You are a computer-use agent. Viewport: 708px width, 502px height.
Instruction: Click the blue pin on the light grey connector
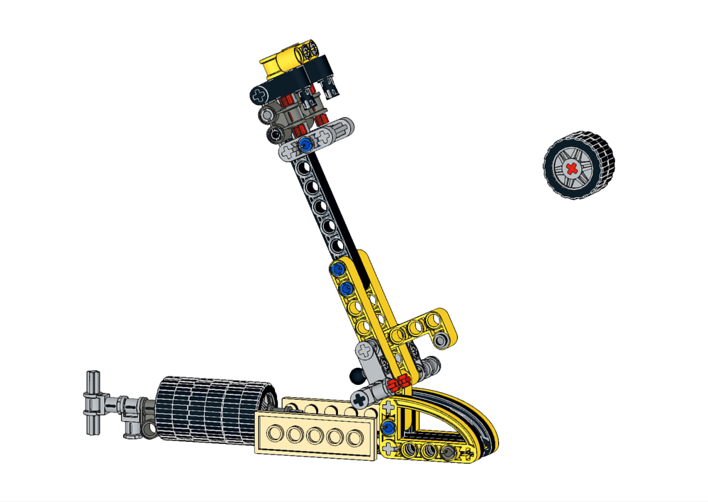click(x=305, y=145)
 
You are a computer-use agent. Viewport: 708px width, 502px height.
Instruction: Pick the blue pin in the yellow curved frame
click(x=388, y=428)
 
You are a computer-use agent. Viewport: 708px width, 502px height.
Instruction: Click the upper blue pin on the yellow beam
click(x=335, y=269)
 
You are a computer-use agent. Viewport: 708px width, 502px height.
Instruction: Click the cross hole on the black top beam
click(x=261, y=93)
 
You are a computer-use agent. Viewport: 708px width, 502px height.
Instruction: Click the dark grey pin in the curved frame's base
click(x=447, y=452)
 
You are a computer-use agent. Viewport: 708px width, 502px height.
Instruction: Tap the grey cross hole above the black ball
click(x=366, y=350)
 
